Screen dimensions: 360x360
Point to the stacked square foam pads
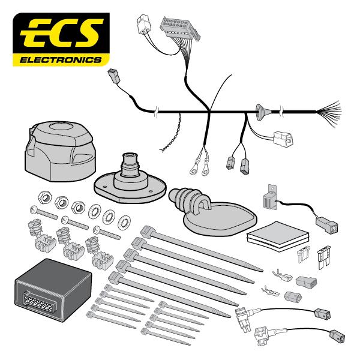pyautogui.click(x=269, y=236)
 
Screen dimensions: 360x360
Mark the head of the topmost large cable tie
pyautogui.click(x=148, y=229)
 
